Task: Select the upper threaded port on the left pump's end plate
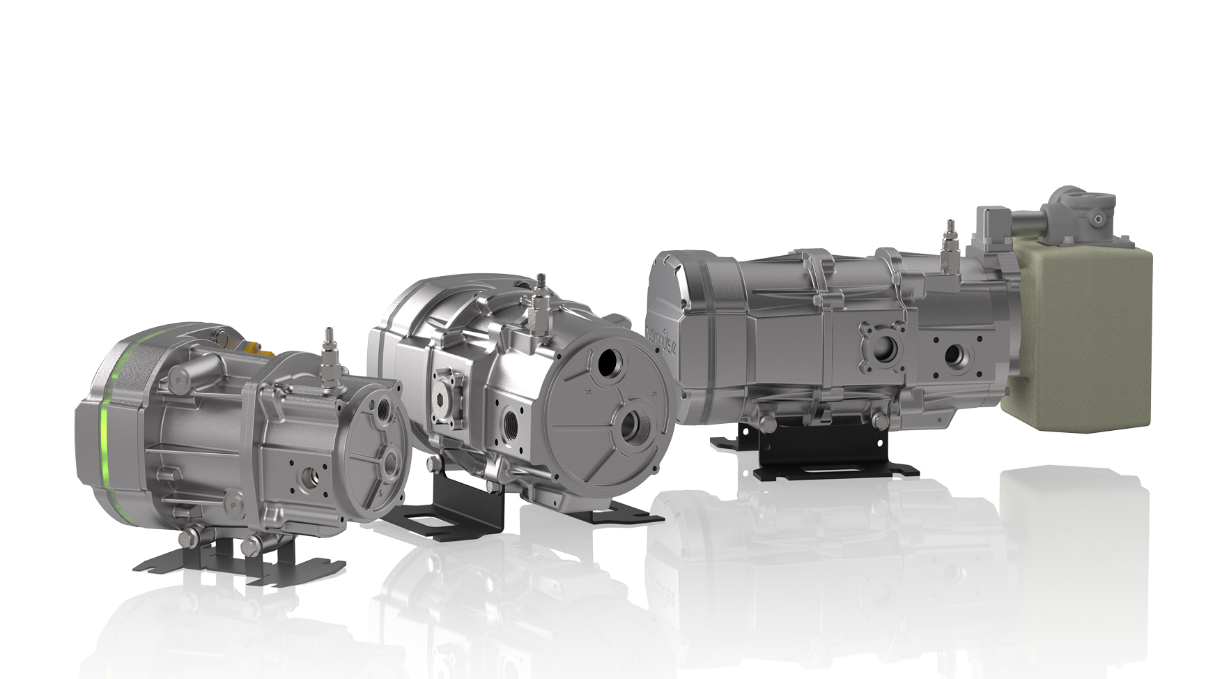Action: click(x=385, y=409)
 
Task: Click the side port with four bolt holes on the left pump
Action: click(x=307, y=477)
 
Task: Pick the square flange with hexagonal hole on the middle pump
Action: click(x=449, y=398)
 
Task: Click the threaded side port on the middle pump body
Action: click(x=510, y=422)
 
